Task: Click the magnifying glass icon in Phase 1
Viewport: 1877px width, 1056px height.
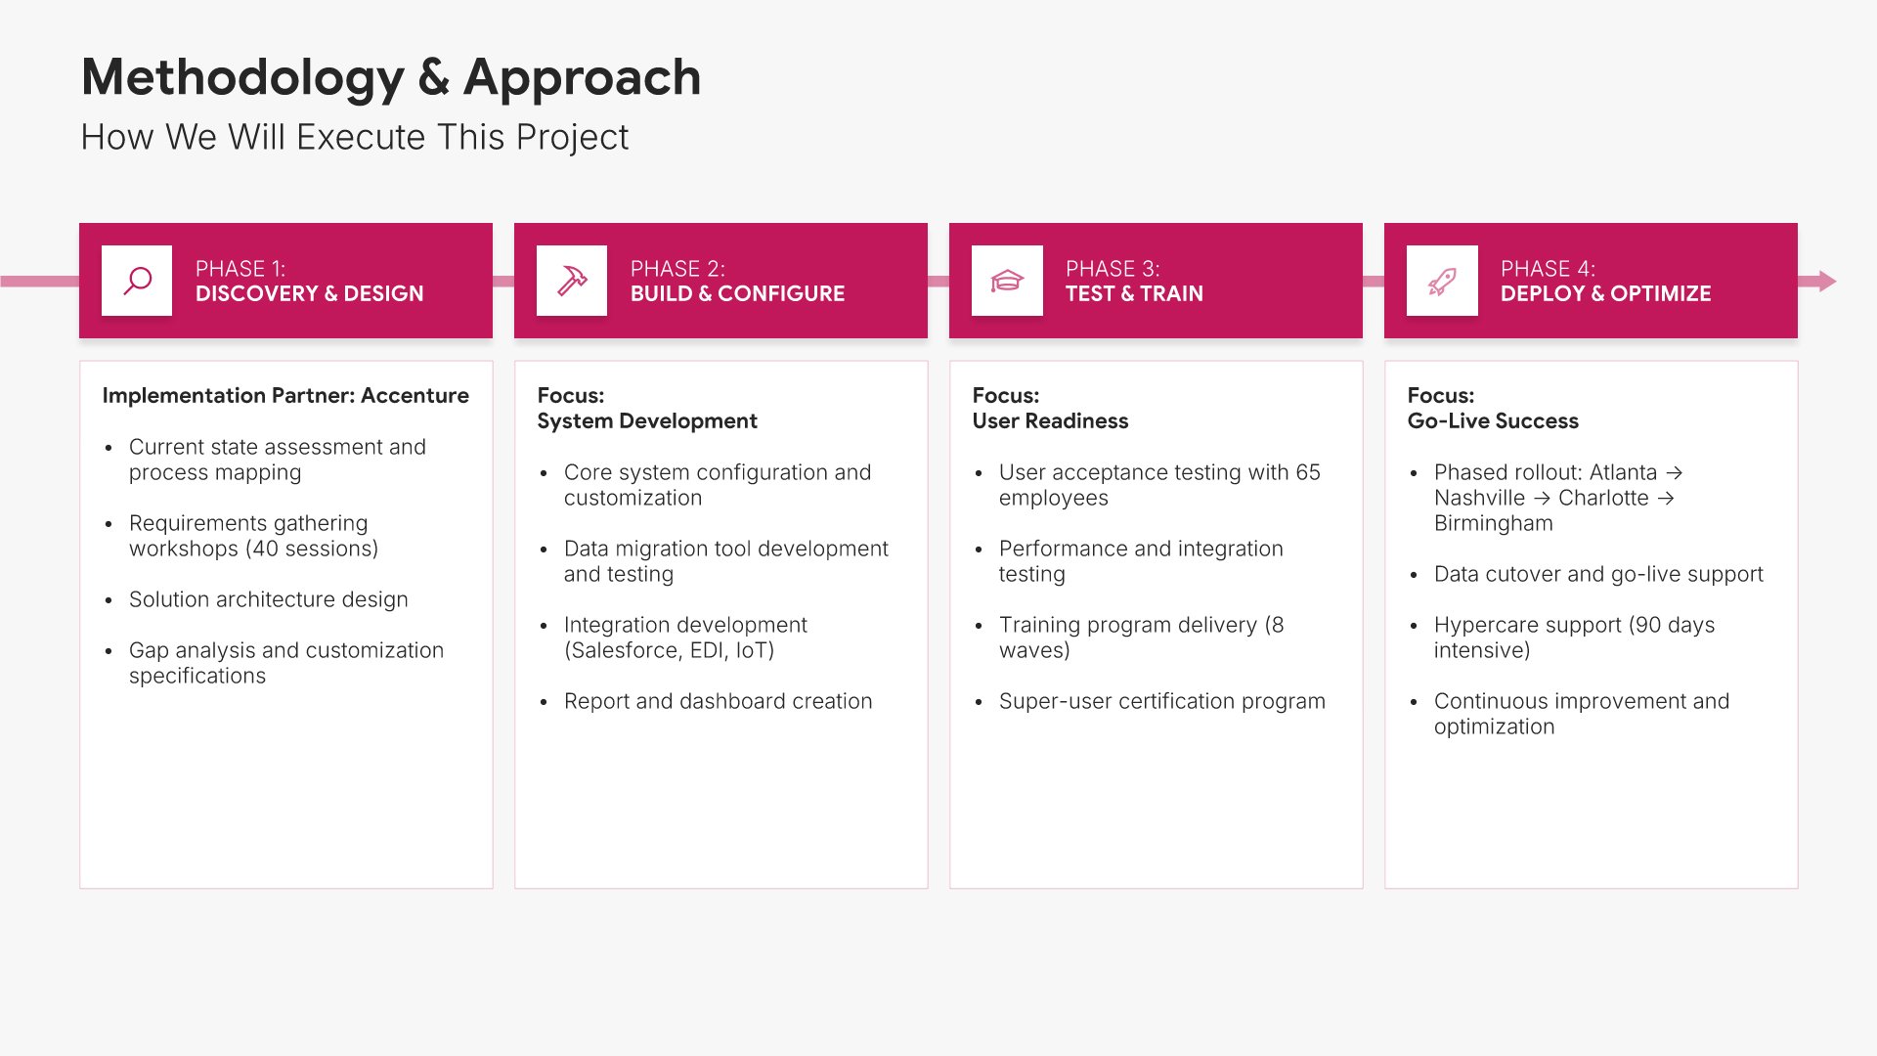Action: (x=137, y=281)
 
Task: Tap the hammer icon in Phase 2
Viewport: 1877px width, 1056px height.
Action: (x=572, y=281)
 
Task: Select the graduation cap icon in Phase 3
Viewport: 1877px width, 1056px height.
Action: (x=1007, y=282)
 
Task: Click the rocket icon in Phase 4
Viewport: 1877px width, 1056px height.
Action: (x=1442, y=282)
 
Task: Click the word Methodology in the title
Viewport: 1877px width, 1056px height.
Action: (x=242, y=77)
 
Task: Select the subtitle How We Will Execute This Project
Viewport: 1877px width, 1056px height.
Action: (x=355, y=138)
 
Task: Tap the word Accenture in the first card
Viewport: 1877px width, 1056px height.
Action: (x=415, y=396)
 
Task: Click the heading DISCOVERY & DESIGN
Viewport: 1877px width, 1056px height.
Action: (x=310, y=294)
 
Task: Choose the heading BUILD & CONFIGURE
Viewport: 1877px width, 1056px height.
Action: (x=738, y=294)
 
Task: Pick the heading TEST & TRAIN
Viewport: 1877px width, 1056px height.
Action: (x=1134, y=294)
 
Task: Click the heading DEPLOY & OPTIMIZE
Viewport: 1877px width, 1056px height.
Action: (x=1606, y=294)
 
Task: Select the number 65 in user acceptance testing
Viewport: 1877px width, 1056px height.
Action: (x=1308, y=473)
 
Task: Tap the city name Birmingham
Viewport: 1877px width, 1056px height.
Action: (x=1494, y=524)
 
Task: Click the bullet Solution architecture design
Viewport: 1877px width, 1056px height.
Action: (x=269, y=600)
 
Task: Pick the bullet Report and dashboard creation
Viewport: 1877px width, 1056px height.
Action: (x=719, y=702)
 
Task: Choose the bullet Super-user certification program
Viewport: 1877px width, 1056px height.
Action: (x=1162, y=702)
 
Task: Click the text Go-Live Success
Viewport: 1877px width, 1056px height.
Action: (x=1493, y=421)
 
